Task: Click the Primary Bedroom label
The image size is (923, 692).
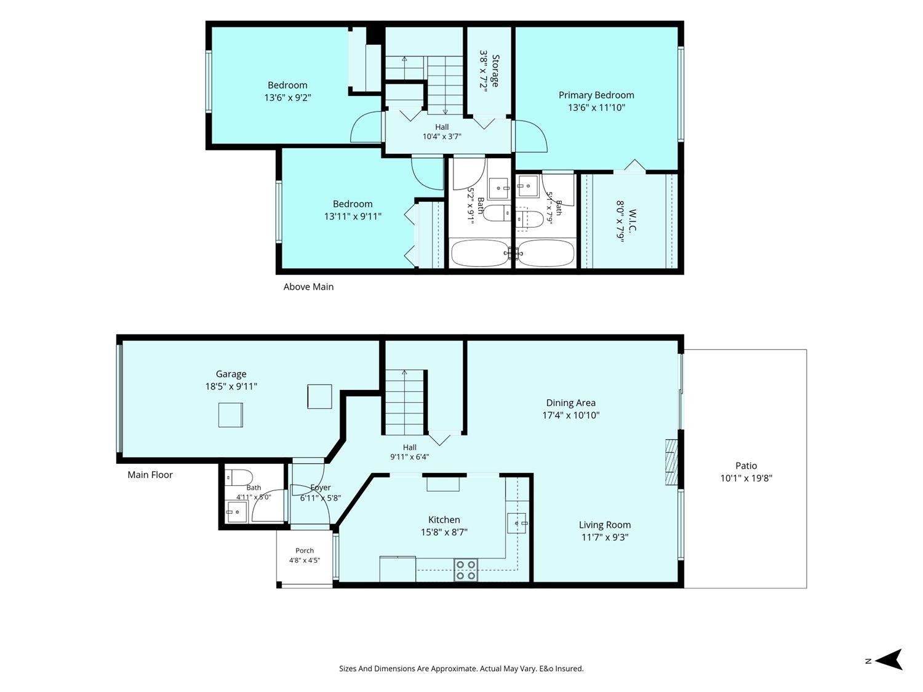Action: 596,95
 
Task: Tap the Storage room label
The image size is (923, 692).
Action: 495,71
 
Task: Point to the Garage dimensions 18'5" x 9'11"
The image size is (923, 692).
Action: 231,386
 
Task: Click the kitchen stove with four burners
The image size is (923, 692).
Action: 465,570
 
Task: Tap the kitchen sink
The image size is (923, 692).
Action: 517,523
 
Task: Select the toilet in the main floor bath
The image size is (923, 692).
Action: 238,478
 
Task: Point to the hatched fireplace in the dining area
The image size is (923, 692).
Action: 671,462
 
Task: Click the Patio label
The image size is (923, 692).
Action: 746,466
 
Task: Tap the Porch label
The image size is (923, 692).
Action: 305,551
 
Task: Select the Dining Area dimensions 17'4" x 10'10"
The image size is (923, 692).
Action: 570,415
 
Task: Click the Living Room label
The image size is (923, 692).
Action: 605,525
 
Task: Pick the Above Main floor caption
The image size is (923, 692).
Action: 308,287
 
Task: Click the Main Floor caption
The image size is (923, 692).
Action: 150,475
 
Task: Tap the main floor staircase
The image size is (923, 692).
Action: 404,402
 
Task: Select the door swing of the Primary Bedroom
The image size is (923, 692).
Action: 530,136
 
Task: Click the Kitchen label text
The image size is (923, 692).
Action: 444,520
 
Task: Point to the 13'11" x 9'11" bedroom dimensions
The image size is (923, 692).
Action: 353,217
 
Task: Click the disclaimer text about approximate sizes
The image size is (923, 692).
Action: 461,669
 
